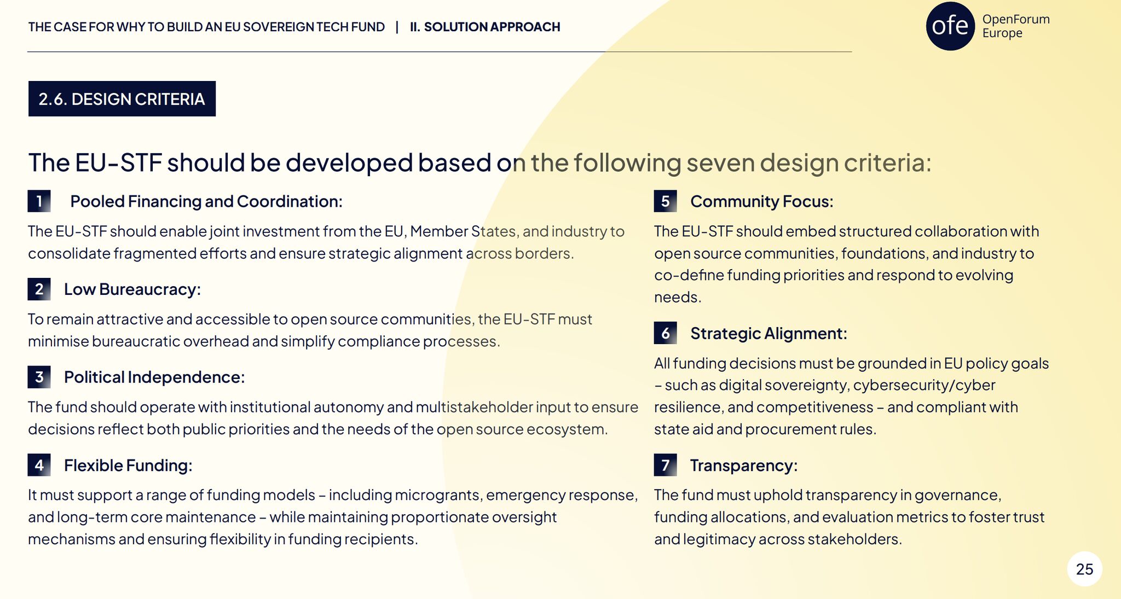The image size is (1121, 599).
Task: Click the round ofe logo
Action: tap(950, 26)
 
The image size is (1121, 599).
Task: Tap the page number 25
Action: tap(1084, 569)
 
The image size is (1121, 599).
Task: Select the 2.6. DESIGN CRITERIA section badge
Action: tap(122, 99)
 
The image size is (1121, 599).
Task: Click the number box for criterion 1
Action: tap(39, 201)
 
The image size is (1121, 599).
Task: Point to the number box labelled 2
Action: tap(39, 289)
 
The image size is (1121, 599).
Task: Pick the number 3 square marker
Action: tap(39, 377)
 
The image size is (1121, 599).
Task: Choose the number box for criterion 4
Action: tap(39, 465)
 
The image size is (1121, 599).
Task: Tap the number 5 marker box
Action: tap(665, 201)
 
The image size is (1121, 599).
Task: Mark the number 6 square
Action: tap(665, 333)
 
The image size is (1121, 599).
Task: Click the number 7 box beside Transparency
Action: tap(665, 465)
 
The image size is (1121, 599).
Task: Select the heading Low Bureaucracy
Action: tap(132, 289)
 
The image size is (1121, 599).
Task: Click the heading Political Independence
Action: tap(154, 377)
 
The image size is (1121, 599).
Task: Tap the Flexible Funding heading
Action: tap(128, 466)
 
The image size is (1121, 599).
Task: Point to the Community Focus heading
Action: tap(762, 202)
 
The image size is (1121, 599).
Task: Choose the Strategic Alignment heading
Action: tap(768, 334)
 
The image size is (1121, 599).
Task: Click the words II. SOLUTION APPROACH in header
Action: tap(485, 27)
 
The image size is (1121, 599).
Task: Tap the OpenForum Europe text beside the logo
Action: tap(1016, 26)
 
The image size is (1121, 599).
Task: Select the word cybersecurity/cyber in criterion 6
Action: tap(924, 386)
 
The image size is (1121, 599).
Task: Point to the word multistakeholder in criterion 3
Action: tap(473, 407)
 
